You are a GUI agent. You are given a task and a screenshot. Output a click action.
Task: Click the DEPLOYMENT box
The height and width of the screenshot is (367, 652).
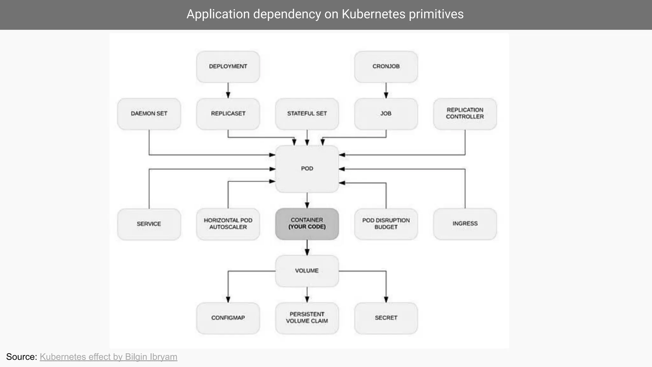pos(228,67)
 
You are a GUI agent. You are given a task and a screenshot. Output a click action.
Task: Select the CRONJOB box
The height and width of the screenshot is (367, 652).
pos(386,67)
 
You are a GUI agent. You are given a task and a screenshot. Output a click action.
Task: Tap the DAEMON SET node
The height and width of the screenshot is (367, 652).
pos(149,114)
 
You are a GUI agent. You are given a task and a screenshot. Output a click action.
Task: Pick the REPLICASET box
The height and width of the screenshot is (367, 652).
pos(228,114)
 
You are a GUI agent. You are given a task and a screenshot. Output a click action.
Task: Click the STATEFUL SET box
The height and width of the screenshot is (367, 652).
pos(307,114)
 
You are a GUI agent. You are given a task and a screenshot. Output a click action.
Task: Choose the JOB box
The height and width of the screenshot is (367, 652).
pos(386,114)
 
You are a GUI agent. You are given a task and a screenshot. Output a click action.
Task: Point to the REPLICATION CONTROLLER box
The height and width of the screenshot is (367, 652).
pos(465,114)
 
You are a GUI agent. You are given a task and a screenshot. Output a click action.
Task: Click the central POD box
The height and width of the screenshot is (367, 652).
pos(307,169)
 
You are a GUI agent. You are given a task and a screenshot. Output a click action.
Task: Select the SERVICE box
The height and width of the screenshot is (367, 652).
pos(149,224)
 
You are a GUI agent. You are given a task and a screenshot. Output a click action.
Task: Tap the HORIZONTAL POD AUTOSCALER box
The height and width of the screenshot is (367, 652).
pos(228,224)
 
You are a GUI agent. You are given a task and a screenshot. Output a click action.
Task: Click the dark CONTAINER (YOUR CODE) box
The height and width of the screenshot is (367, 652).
pos(307,224)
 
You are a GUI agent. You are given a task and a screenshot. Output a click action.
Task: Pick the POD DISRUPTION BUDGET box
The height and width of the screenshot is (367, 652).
pos(386,224)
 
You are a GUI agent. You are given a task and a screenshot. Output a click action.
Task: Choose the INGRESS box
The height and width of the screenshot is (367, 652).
pos(465,224)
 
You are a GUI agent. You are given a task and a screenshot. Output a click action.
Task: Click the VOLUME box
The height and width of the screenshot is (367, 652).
pos(307,271)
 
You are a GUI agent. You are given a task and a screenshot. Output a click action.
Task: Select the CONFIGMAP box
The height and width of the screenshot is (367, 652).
pos(228,318)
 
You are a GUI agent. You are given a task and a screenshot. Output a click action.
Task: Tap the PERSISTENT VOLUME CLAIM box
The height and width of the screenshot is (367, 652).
pos(307,318)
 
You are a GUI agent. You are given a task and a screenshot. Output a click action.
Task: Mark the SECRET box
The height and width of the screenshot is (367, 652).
pos(386,318)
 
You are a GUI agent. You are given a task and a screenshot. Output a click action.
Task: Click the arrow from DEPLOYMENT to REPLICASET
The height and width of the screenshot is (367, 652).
pos(228,90)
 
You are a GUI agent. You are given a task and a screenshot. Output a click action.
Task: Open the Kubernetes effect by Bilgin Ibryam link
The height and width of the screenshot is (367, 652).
pos(108,357)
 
